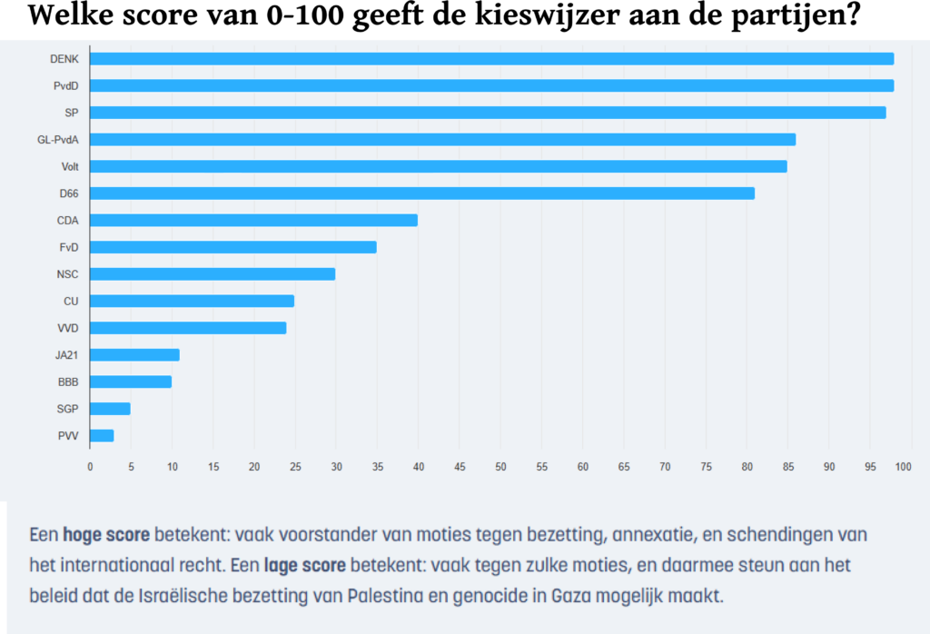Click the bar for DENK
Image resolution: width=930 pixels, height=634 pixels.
[x=491, y=59]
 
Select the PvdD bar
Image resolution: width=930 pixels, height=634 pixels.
[x=491, y=85]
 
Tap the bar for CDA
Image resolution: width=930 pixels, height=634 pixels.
[x=253, y=220]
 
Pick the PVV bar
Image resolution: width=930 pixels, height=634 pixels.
[x=102, y=436]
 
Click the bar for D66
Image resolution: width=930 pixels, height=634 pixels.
[x=422, y=193]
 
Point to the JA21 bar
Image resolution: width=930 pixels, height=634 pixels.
[x=134, y=355]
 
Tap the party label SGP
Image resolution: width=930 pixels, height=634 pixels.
[x=68, y=409]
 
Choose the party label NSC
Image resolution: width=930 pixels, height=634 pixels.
[x=68, y=274]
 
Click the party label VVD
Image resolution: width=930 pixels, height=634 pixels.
[x=68, y=328]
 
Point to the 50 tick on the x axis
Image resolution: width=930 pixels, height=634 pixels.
[x=500, y=467]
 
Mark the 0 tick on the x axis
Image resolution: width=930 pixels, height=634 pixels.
[x=90, y=467]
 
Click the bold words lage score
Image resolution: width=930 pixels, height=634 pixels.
[x=305, y=566]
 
